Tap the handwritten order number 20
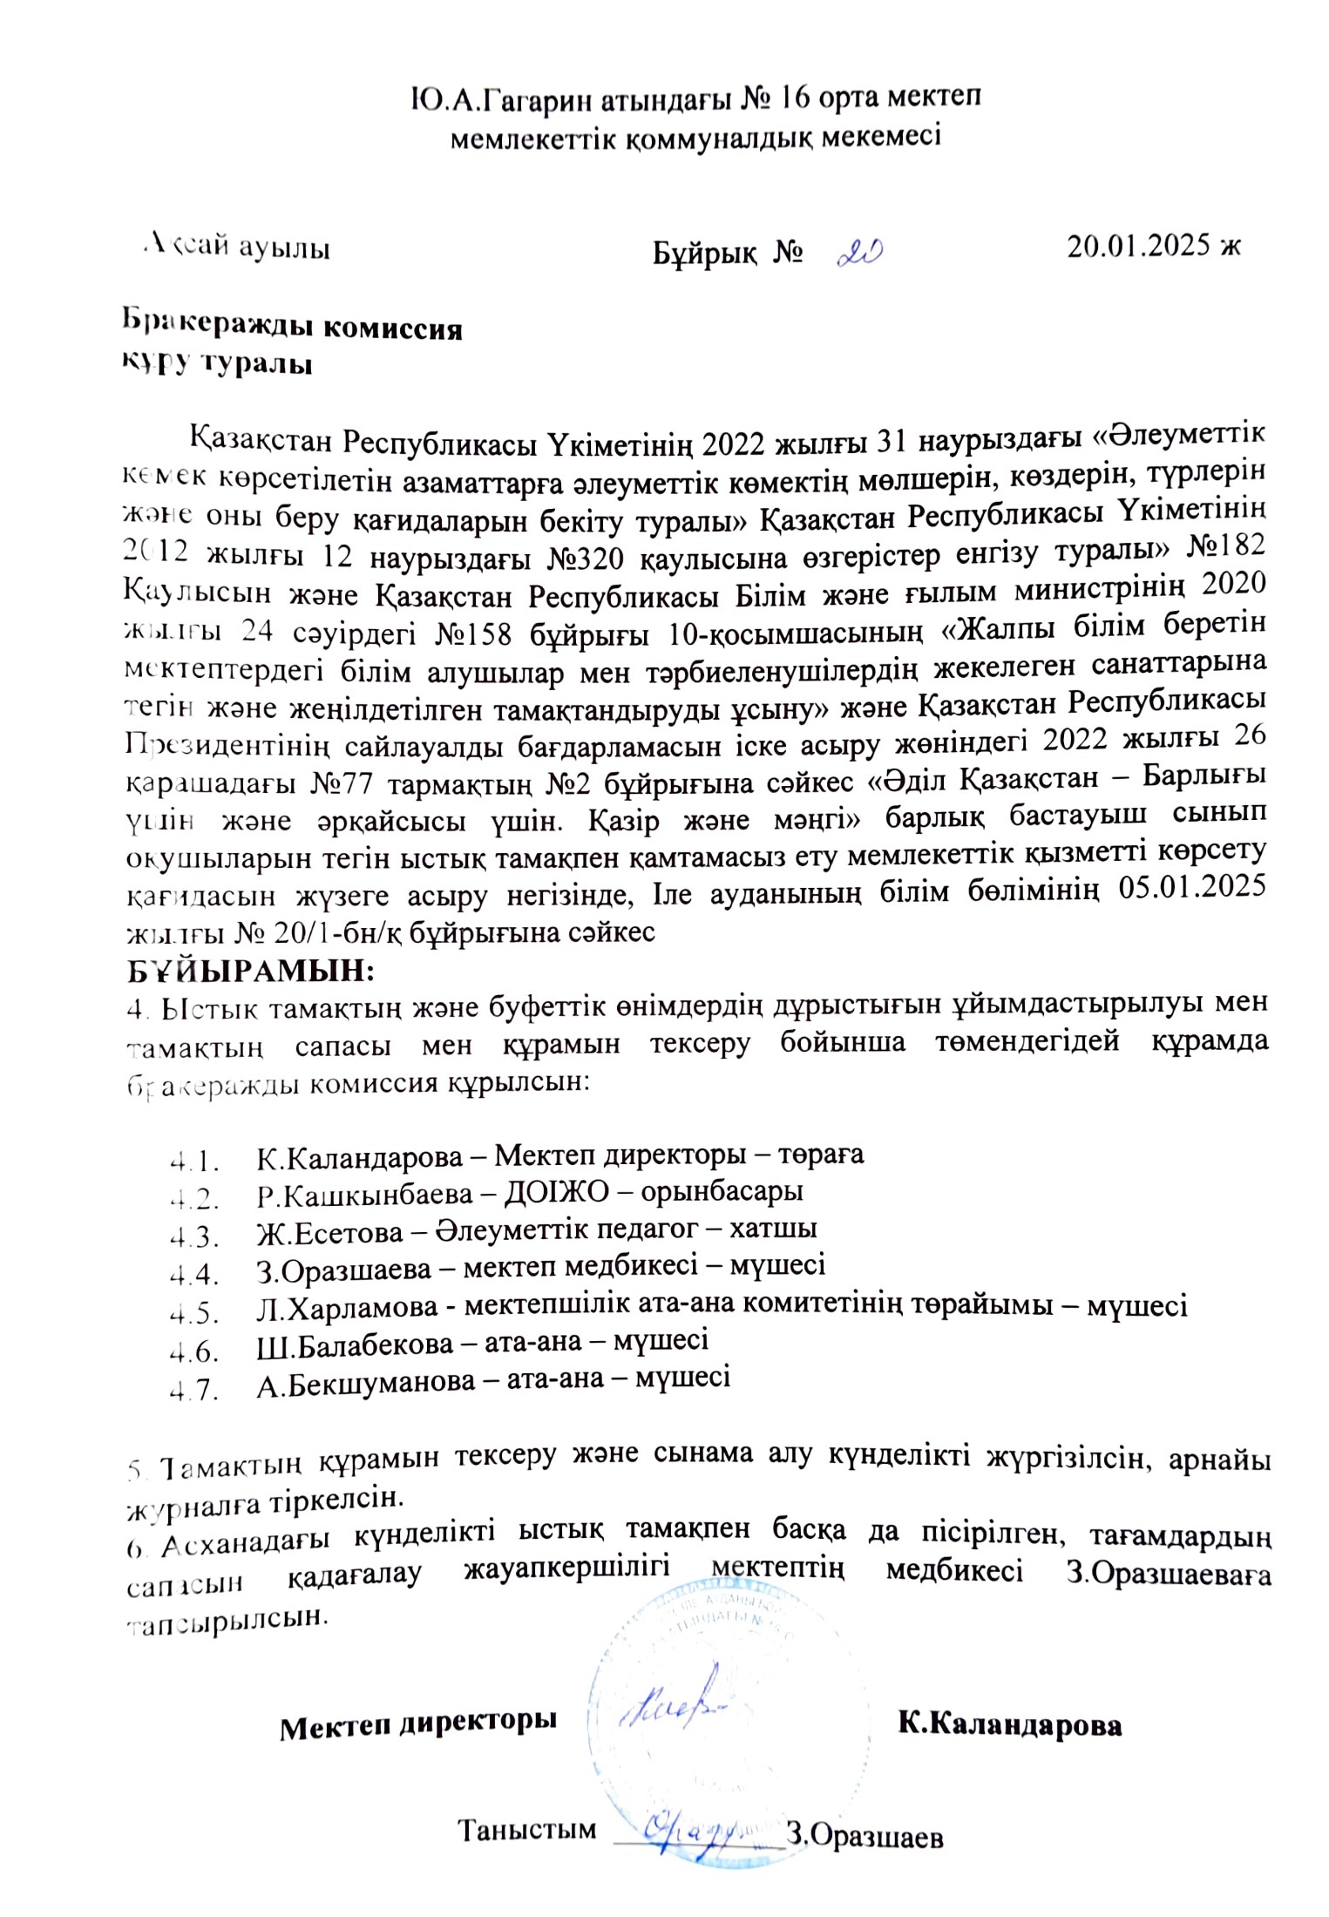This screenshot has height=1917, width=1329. (x=859, y=253)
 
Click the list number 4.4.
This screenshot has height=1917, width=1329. (x=193, y=1274)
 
